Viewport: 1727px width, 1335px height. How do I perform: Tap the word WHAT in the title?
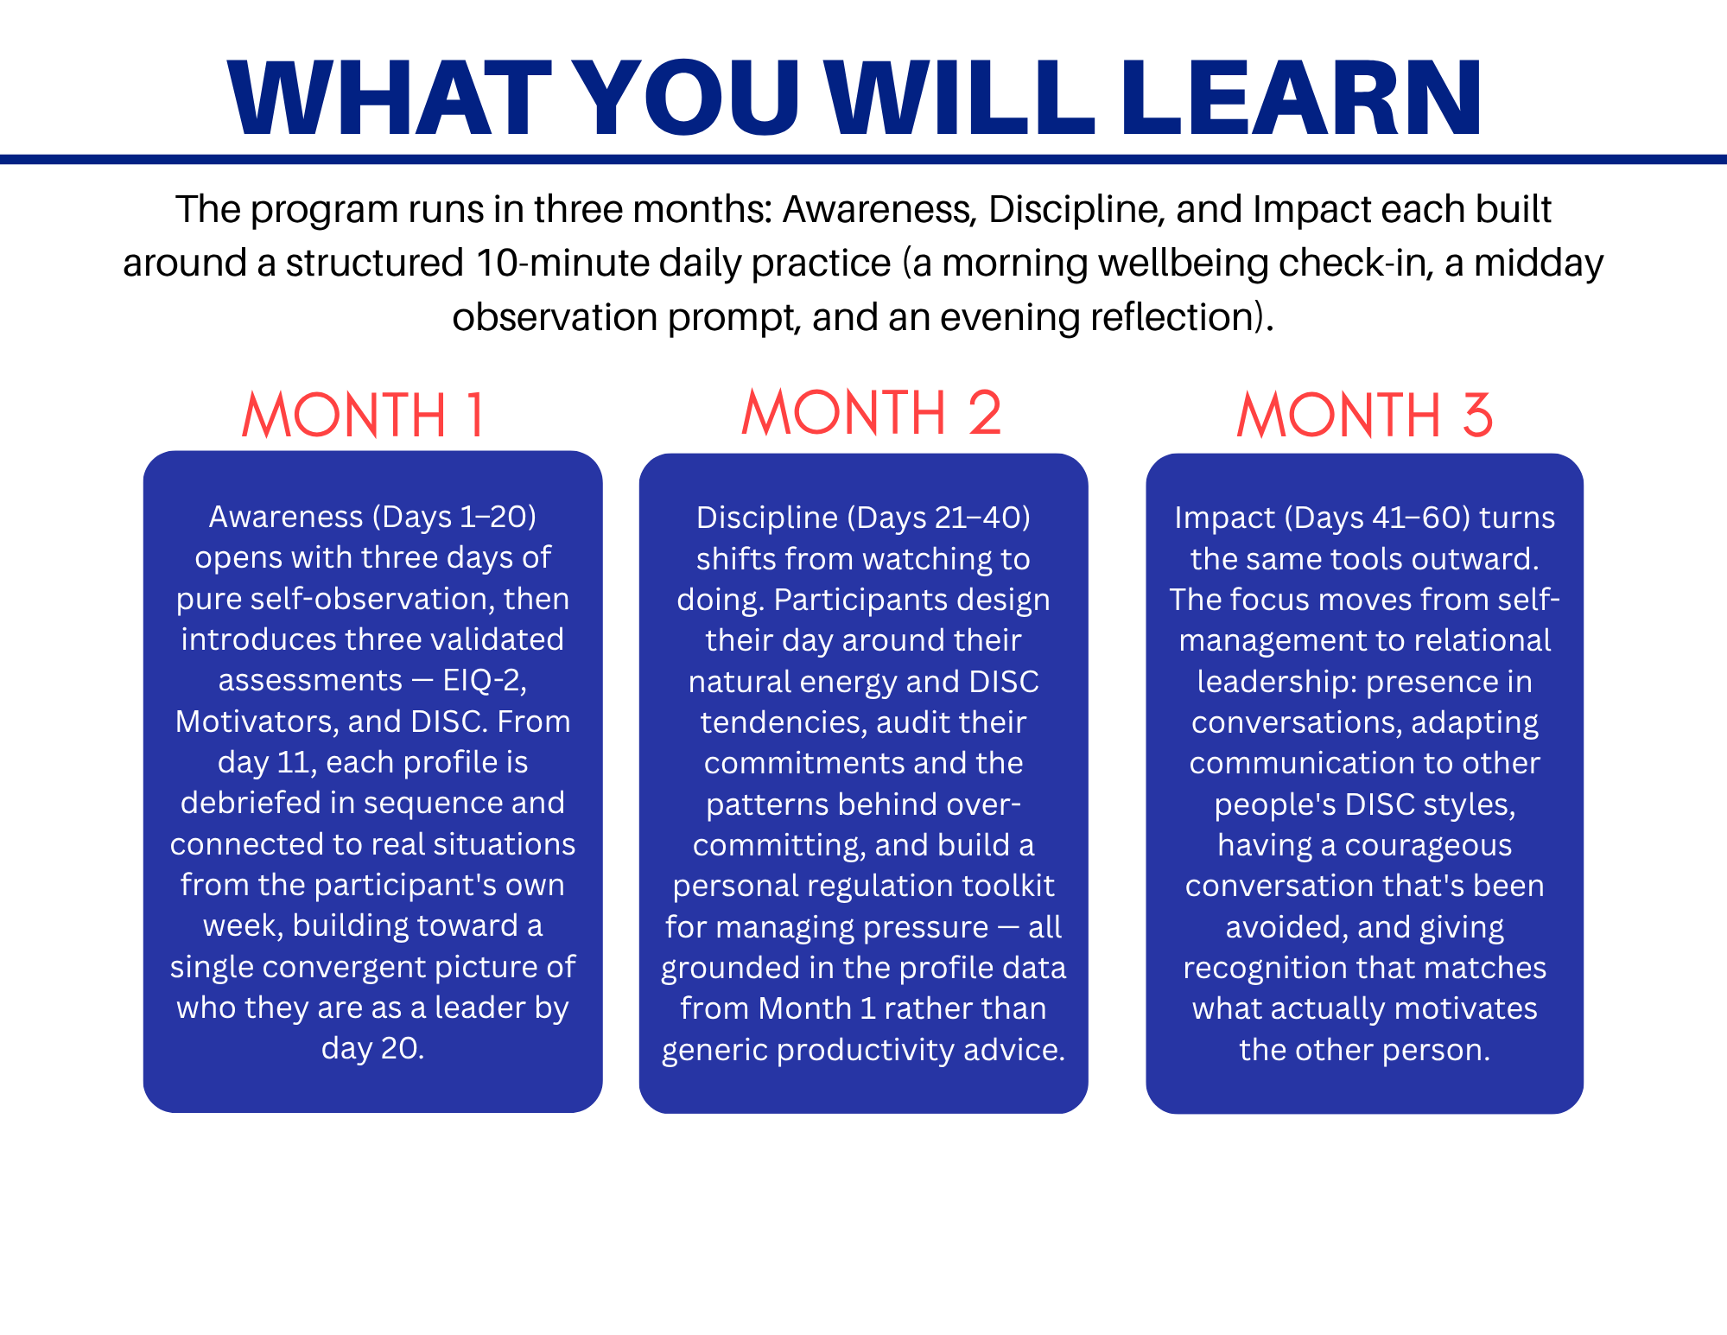click(390, 98)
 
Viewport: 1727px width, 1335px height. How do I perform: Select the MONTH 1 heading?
click(364, 415)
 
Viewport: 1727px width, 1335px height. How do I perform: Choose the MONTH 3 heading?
click(1364, 415)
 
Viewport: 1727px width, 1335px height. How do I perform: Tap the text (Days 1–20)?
click(454, 517)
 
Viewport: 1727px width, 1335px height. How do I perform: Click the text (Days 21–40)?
click(939, 518)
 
